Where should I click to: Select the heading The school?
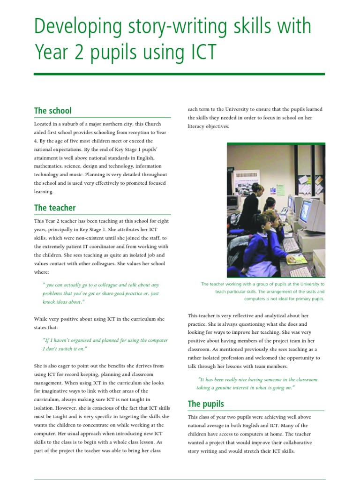(52, 111)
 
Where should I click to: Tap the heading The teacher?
(54, 208)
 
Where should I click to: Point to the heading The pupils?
(206, 404)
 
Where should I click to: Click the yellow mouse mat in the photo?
(299, 259)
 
